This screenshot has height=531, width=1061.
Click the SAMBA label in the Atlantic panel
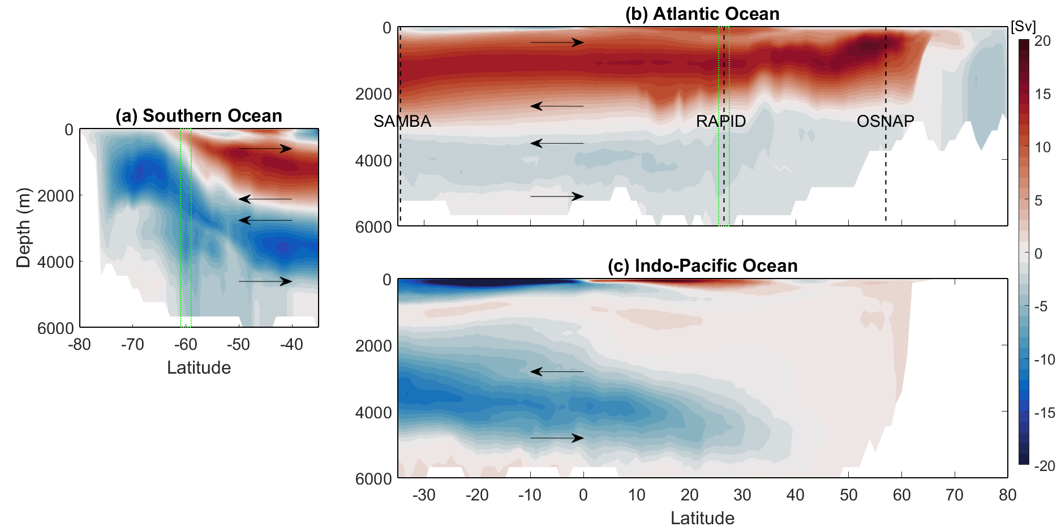pyautogui.click(x=402, y=121)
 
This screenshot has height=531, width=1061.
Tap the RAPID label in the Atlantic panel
pyautogui.click(x=720, y=121)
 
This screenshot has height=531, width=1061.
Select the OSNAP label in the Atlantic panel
pyautogui.click(x=885, y=121)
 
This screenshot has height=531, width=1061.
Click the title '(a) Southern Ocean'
pyautogui.click(x=199, y=115)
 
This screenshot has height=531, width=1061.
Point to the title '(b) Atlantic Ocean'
pyautogui.click(x=702, y=14)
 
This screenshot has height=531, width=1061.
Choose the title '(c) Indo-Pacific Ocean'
pyautogui.click(x=702, y=265)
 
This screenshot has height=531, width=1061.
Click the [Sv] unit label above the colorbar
pyautogui.click(x=1023, y=27)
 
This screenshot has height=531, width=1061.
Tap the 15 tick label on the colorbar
pyautogui.click(x=1042, y=94)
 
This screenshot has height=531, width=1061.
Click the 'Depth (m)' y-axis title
pyautogui.click(x=23, y=228)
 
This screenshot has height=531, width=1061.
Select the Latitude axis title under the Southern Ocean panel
pyautogui.click(x=199, y=367)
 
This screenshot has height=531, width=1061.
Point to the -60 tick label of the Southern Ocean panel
pyautogui.click(x=185, y=344)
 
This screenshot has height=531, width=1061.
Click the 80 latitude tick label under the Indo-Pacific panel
pyautogui.click(x=1007, y=495)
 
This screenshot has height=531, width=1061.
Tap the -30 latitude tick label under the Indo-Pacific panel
pyautogui.click(x=424, y=495)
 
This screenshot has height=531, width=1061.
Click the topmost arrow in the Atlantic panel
pyautogui.click(x=557, y=42)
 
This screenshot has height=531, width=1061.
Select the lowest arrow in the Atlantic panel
pyautogui.click(x=557, y=196)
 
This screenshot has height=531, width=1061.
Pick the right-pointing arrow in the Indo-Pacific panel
pyautogui.click(x=557, y=438)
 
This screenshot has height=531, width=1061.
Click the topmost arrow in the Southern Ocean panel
pyautogui.click(x=265, y=149)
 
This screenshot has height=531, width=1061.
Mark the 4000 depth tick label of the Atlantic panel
pyautogui.click(x=373, y=161)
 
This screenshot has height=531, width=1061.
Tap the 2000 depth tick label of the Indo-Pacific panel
pyautogui.click(x=373, y=345)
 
